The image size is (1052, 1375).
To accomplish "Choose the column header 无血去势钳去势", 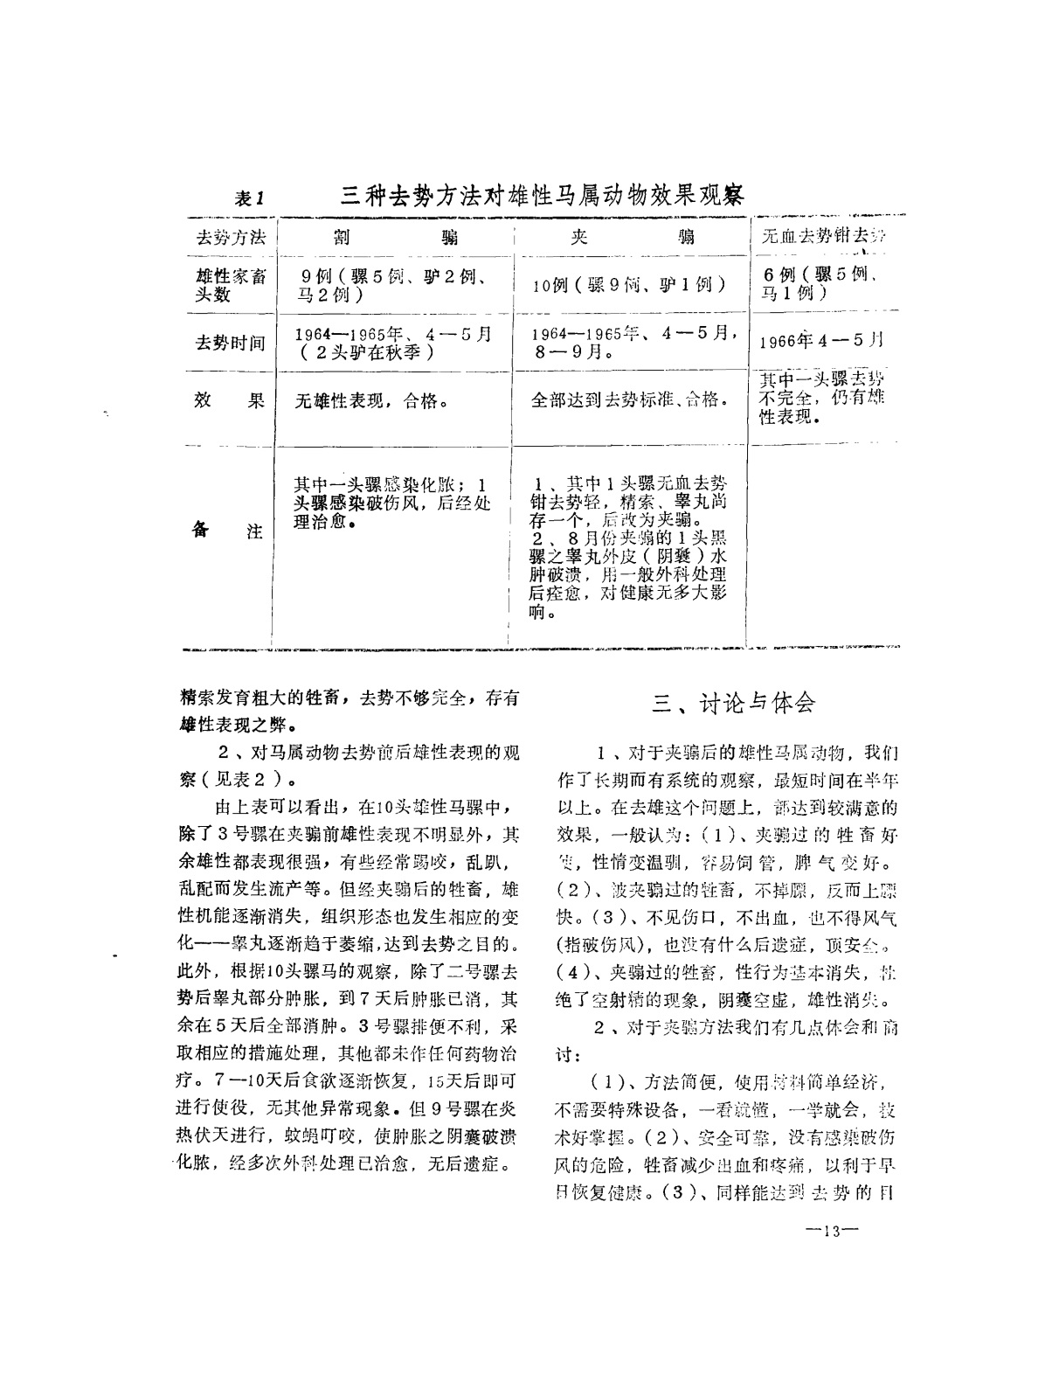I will click(x=824, y=236).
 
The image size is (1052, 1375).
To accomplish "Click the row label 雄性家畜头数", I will click(x=230, y=286).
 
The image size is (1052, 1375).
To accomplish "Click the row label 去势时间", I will click(x=230, y=343).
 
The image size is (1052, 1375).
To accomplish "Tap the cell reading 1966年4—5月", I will click(x=822, y=339).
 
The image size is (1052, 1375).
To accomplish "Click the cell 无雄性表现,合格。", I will click(x=372, y=402).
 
